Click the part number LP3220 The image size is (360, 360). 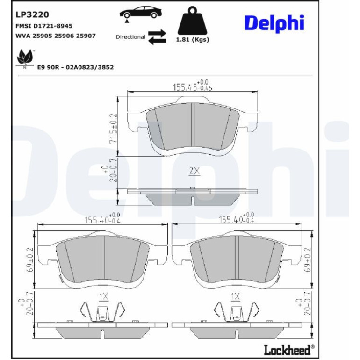pos(32,14)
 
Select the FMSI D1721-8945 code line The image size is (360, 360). pos(44,26)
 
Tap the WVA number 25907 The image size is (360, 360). pos(86,36)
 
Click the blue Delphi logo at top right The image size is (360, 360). pos(274,24)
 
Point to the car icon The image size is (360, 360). pos(141,13)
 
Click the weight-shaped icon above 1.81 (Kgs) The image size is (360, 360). pos(193,21)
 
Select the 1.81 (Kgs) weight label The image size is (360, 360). pos(193,39)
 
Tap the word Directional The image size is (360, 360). pos(130,37)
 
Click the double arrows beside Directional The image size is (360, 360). pos(157,37)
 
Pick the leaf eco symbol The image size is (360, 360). pos(24,58)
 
